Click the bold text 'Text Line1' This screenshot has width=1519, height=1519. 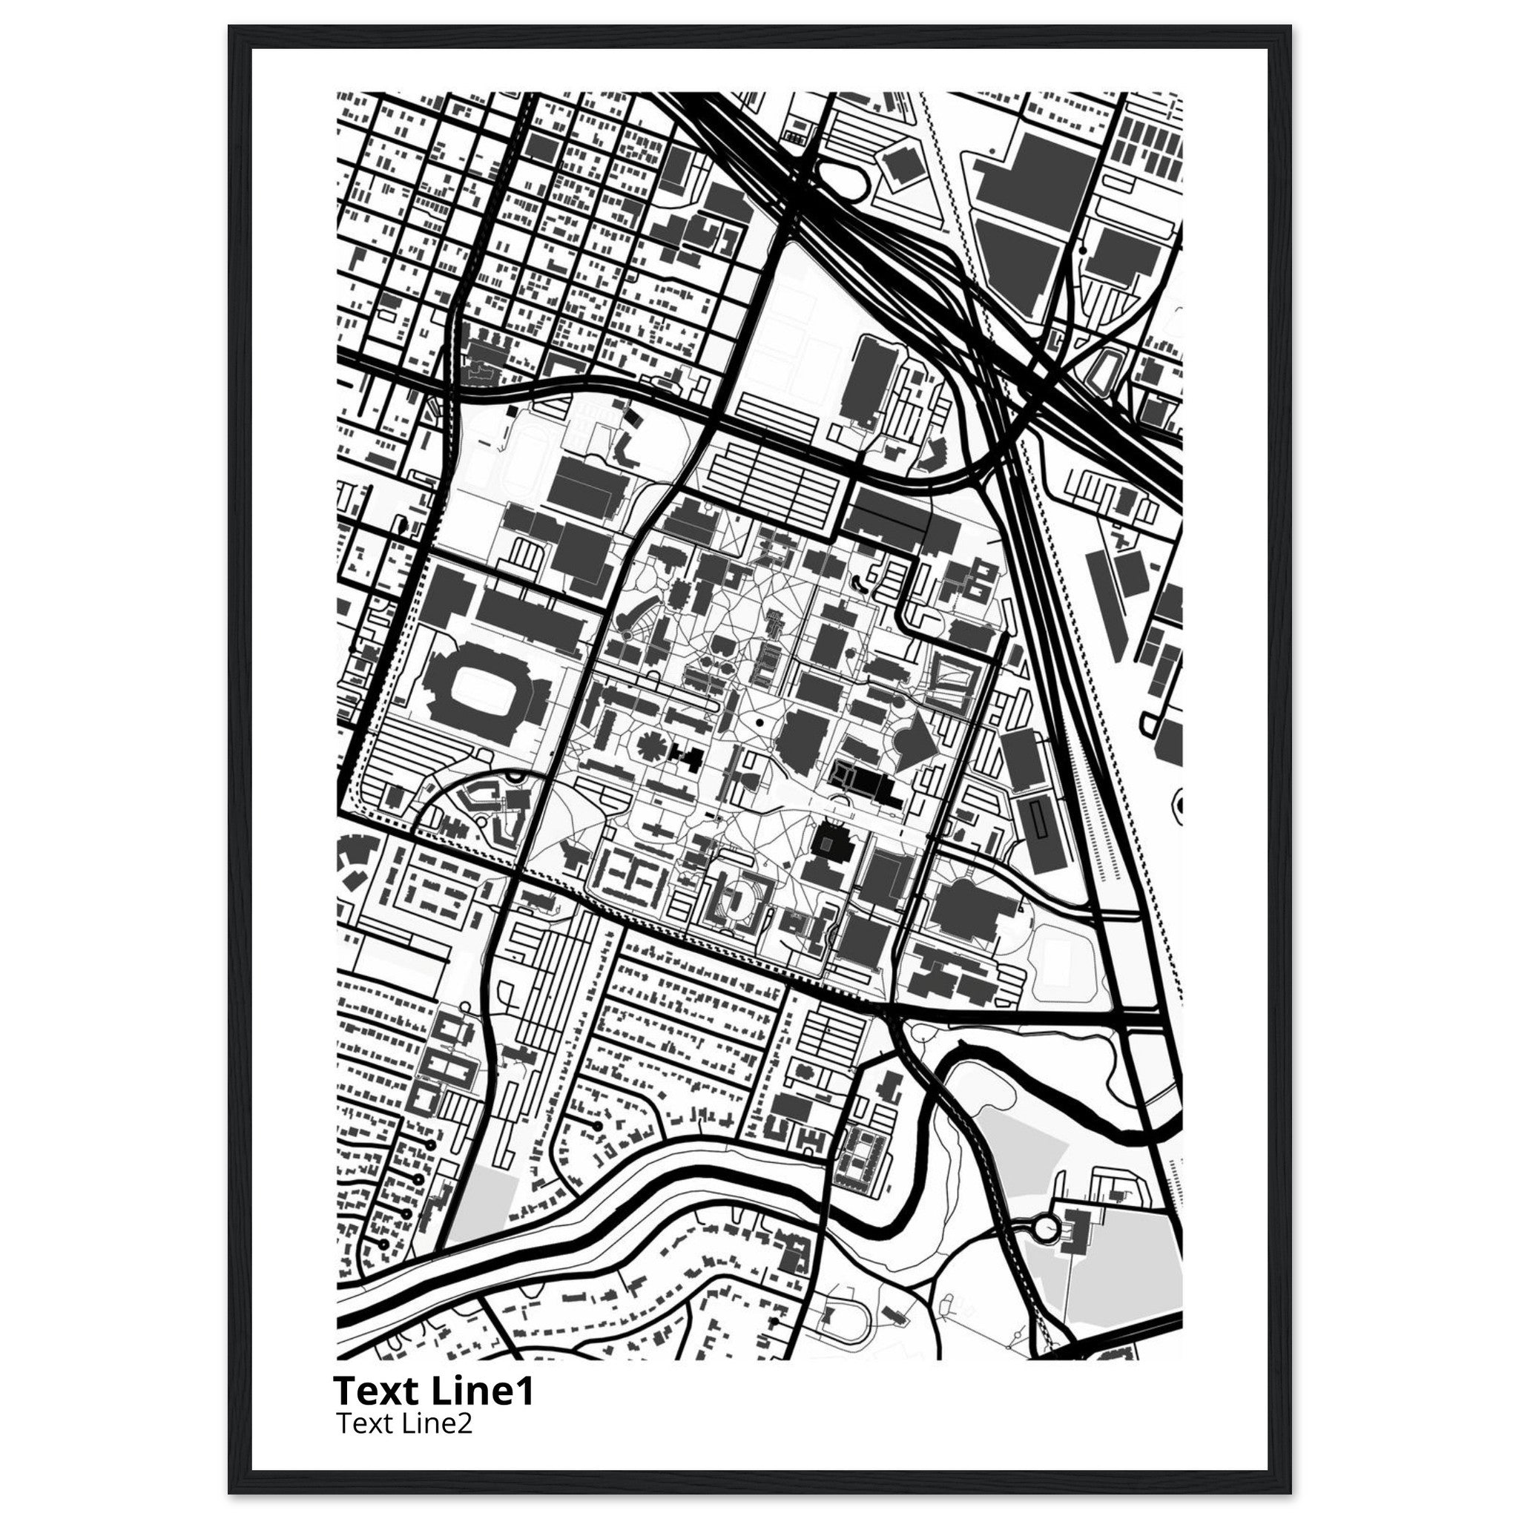[433, 1391]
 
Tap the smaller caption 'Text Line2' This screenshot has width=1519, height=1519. [403, 1424]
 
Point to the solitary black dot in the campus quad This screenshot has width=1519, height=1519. [759, 720]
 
